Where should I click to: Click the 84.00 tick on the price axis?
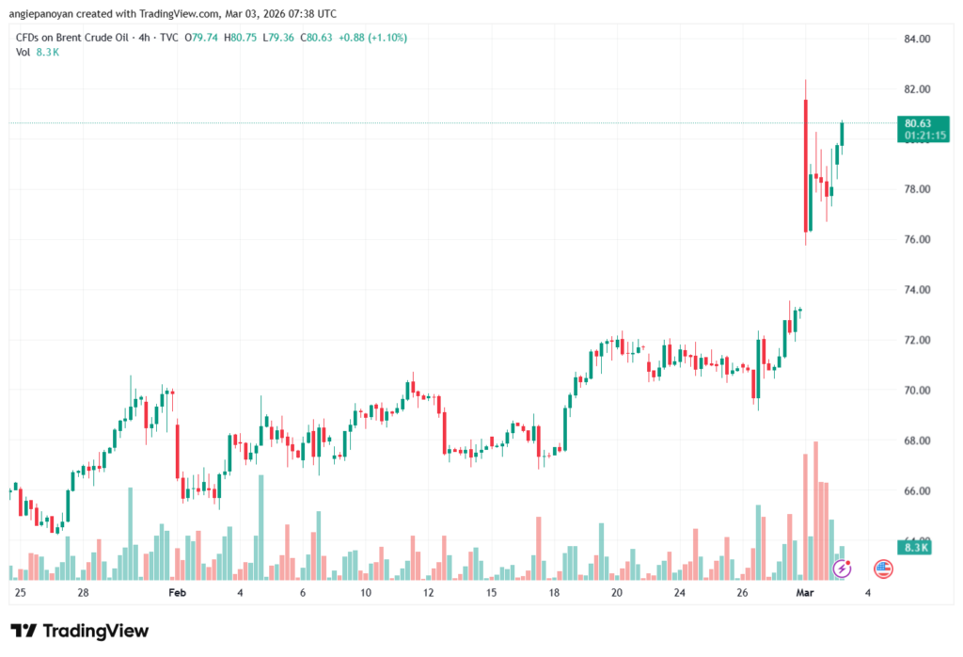917,40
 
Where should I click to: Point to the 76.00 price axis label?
917,240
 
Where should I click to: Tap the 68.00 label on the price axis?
917,441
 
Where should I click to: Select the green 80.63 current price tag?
917,122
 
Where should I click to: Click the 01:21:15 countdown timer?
924,136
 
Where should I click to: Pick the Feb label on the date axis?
177,593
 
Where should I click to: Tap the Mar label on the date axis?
804,593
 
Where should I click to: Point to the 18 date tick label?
554,593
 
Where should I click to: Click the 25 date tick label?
21,593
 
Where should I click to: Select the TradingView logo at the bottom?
80,631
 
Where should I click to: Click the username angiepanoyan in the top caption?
47,14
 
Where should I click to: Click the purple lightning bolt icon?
843,568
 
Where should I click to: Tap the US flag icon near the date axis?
882,568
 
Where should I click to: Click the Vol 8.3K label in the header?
38,52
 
